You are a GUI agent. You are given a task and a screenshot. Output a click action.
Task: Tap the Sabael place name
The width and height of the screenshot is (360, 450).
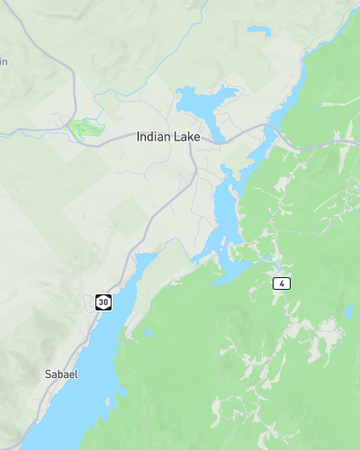tap(61, 374)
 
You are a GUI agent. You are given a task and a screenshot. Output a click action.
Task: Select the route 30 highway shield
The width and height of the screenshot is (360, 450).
tap(103, 301)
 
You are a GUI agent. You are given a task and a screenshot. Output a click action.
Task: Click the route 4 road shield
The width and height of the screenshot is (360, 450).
tap(283, 284)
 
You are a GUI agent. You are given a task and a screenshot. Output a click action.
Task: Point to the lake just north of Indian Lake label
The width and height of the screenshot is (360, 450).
tap(205, 101)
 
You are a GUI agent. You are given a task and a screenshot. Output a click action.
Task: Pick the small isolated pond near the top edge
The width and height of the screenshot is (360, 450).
tap(259, 30)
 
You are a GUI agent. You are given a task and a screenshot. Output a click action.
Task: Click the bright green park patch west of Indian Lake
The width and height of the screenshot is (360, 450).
tap(86, 127)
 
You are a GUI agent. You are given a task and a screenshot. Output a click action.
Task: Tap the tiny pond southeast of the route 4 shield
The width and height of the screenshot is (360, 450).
tap(348, 314)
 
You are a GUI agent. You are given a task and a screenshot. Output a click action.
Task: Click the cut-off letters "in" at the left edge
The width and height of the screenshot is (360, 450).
tap(4, 61)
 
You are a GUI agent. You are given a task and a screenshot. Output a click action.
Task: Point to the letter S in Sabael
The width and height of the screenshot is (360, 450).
tap(48, 374)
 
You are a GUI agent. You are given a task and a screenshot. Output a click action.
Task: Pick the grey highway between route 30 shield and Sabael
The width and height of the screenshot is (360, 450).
tap(80, 340)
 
